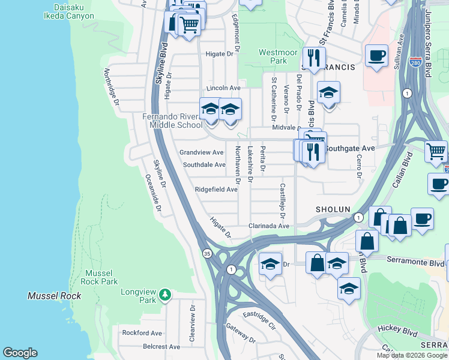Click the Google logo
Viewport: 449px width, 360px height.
[20, 353]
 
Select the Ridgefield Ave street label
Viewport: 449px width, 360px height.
[216, 190]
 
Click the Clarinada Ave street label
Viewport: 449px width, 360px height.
[269, 226]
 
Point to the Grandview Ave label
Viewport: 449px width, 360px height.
[202, 152]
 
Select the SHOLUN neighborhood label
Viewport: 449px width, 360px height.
[333, 209]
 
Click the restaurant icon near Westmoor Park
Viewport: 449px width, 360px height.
[313, 58]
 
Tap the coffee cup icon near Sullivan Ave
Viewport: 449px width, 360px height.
[376, 56]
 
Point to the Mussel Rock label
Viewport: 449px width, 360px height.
[55, 296]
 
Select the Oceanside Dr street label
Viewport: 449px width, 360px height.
[153, 193]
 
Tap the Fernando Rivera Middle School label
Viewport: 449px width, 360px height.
[172, 121]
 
